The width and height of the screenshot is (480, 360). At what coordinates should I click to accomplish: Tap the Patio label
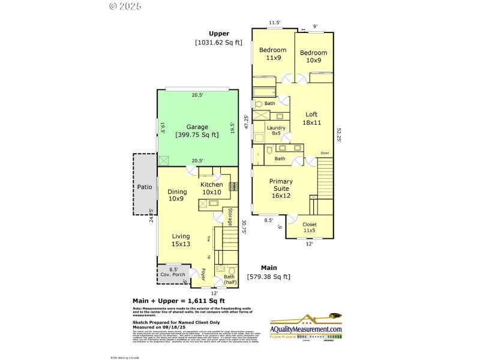145,187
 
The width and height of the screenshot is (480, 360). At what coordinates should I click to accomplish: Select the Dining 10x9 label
177,195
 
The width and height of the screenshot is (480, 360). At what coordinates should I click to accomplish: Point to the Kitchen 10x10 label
211,188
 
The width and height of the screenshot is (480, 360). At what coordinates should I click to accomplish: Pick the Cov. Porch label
173,273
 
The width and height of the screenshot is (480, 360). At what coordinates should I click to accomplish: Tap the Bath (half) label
229,279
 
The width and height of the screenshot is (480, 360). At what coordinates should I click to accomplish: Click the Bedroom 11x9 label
273,54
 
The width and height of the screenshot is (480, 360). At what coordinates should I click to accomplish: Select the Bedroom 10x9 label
313,56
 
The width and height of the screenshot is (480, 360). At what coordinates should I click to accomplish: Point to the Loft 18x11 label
311,118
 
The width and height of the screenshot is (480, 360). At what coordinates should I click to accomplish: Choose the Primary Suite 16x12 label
280,188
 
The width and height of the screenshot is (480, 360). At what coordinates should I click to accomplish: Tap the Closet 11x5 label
309,227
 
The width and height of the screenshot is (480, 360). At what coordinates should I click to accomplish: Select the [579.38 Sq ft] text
268,277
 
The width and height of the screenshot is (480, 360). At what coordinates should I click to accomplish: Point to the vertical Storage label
229,217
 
